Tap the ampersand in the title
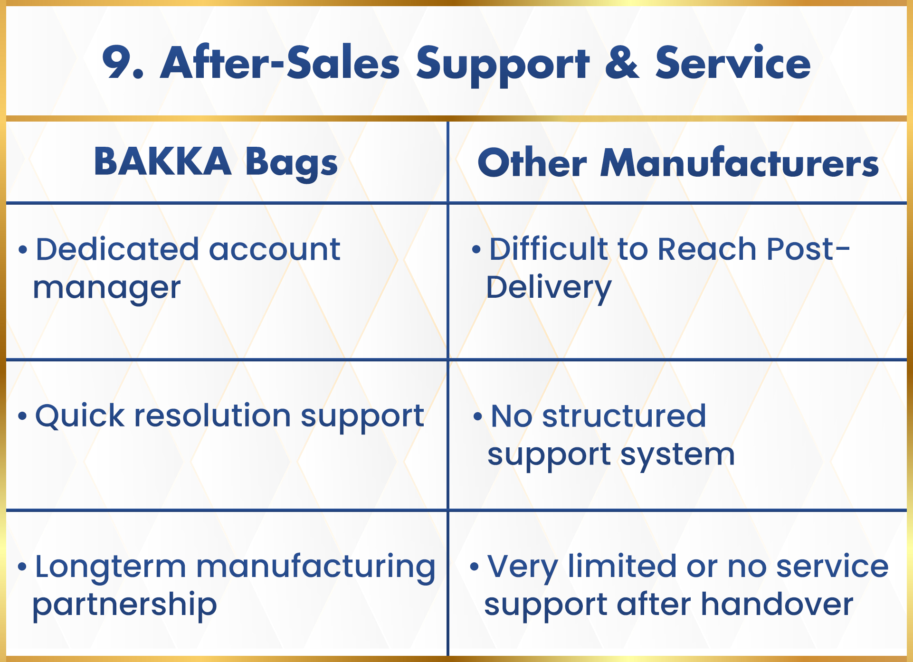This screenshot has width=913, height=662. (x=622, y=62)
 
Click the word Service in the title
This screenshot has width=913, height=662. (x=733, y=62)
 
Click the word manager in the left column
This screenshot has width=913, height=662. (x=107, y=289)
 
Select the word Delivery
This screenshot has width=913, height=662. (x=549, y=288)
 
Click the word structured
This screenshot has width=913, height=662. (x=624, y=416)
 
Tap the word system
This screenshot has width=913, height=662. (x=677, y=455)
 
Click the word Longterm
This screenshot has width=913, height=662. (x=110, y=567)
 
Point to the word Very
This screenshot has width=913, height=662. (x=523, y=567)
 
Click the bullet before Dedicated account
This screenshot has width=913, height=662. (x=23, y=250)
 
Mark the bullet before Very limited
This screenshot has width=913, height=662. (x=474, y=567)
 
